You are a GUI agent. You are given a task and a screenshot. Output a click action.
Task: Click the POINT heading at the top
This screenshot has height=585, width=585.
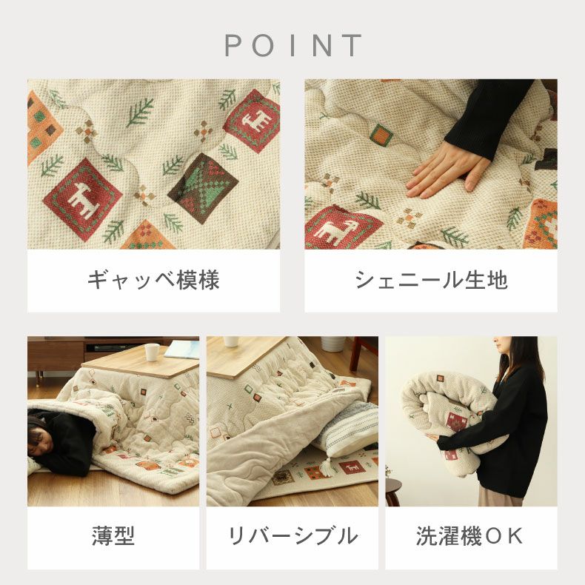(293, 45)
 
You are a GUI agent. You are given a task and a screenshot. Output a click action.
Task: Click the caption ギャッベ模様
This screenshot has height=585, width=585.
(153, 280)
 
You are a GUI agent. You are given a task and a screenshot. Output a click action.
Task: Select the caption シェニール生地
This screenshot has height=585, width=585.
(431, 280)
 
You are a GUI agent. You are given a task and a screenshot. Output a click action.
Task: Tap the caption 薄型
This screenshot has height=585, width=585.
(113, 536)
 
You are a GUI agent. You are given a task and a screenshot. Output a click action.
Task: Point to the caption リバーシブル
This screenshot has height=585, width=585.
(292, 536)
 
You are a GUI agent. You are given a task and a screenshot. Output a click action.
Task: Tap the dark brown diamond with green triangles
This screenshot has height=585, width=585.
(203, 187)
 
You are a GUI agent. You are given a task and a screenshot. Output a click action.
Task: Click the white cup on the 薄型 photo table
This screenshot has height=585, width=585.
(152, 352)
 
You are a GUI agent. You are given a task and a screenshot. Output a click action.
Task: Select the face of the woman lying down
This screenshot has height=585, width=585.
(41, 441)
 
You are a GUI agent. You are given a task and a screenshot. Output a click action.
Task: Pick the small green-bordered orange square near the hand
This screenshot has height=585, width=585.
(381, 135)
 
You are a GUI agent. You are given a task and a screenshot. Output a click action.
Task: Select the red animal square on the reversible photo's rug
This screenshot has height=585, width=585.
(350, 468)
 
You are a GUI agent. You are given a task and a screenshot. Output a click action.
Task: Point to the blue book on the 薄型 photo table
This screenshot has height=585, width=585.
(181, 351)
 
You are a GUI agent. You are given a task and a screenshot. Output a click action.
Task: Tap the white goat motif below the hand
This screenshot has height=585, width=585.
(330, 231)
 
